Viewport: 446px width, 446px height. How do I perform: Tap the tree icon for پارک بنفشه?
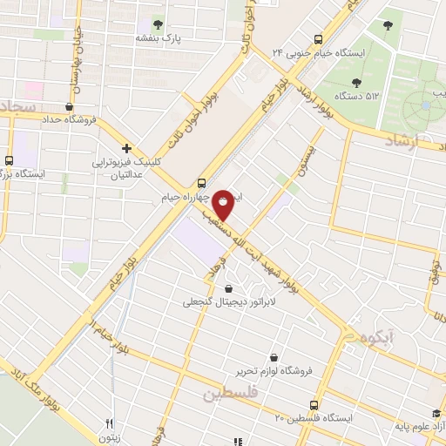pos(158,24)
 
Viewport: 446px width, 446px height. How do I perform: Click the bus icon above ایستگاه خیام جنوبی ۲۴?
pos(318,39)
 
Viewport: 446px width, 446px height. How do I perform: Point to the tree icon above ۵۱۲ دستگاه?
pos(356,83)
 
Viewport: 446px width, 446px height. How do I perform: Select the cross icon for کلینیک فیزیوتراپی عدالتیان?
pos(127,149)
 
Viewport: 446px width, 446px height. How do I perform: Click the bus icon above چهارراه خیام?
pos(202,184)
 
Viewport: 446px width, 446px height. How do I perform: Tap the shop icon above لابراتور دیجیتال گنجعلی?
pos(228,289)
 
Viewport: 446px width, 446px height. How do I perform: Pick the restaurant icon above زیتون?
pos(110,424)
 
